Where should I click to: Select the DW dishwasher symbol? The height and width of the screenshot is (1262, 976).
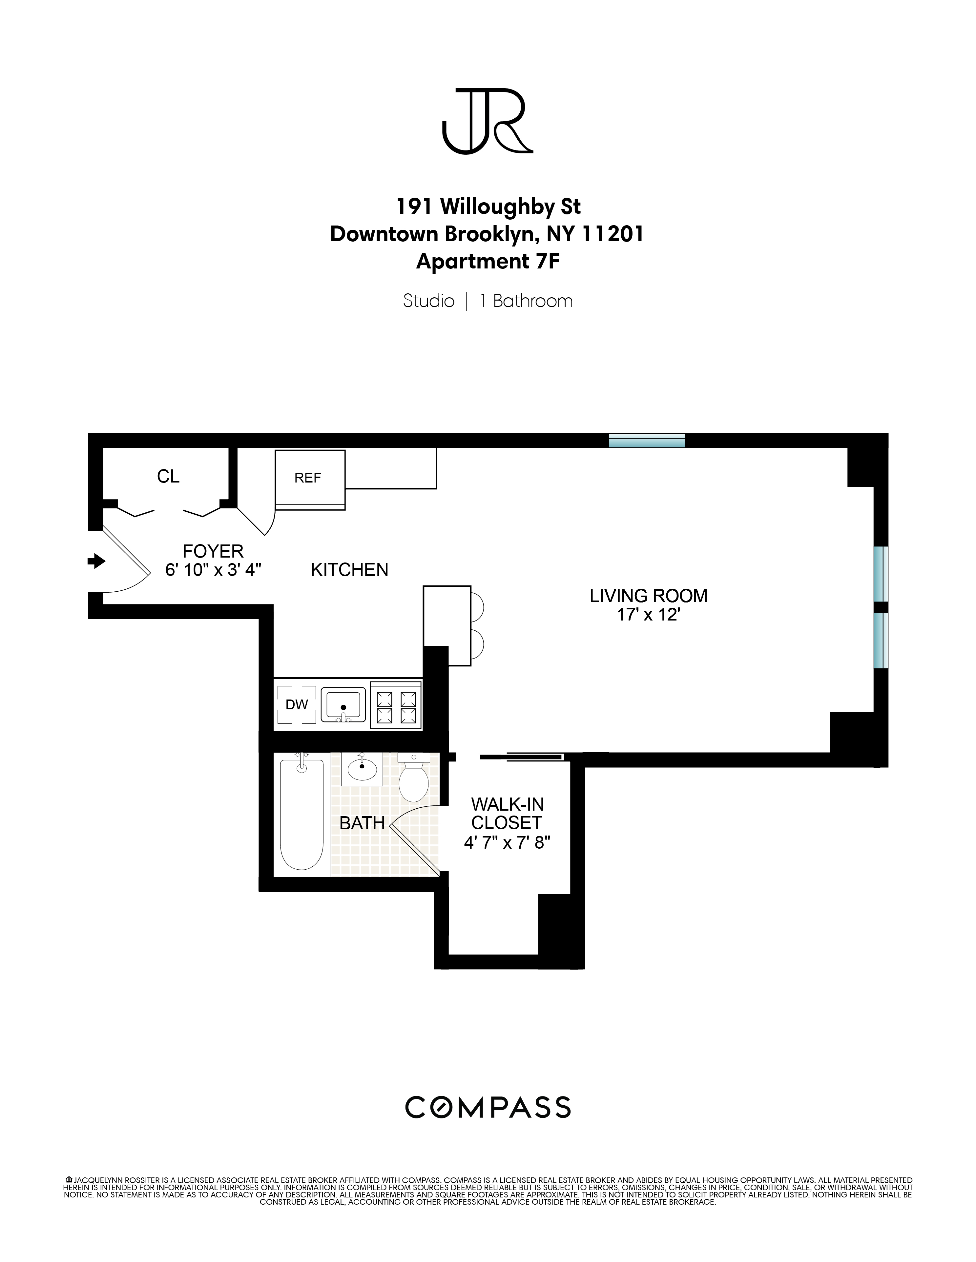tap(297, 704)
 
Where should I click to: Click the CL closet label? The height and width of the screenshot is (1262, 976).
tap(168, 476)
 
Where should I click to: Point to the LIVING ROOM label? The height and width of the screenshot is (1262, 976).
tap(648, 596)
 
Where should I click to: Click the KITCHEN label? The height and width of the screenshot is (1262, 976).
tap(349, 570)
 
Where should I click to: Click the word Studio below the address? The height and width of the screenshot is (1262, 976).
tap(428, 301)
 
